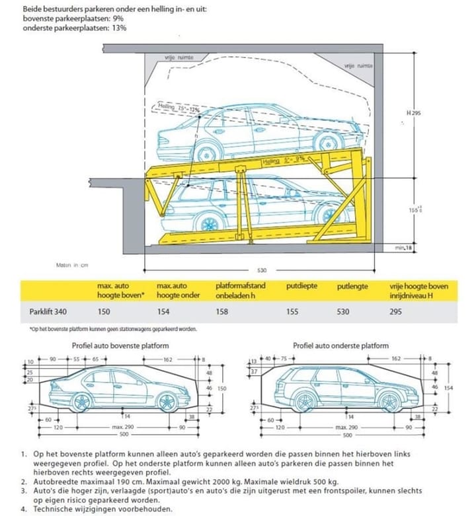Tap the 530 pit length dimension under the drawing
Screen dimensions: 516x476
(262, 270)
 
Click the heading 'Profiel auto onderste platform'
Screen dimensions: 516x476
(340, 346)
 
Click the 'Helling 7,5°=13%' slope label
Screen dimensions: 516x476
(179, 106)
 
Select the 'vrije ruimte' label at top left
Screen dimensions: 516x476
(180, 57)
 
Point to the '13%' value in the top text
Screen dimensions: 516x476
(120, 28)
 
